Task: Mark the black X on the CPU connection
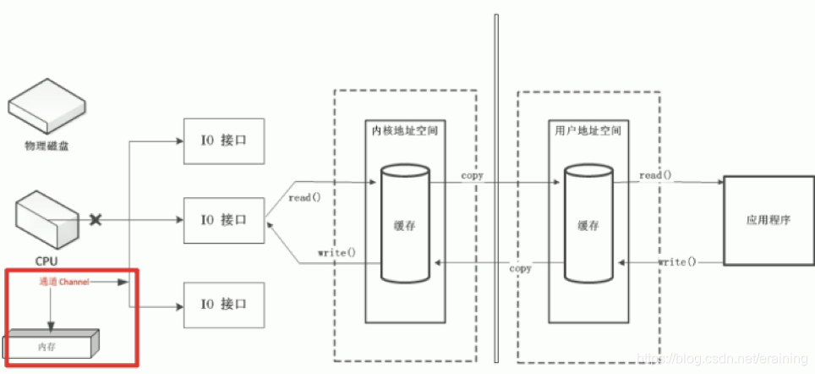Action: tap(96, 220)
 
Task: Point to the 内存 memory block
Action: tap(51, 346)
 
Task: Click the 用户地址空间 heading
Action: tap(588, 131)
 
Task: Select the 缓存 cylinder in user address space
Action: tap(588, 224)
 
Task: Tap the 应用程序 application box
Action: tap(768, 220)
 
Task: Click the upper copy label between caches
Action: tap(472, 175)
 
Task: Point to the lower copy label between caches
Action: tap(520, 268)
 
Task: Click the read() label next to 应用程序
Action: tap(654, 175)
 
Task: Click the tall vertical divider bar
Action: tap(496, 186)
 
